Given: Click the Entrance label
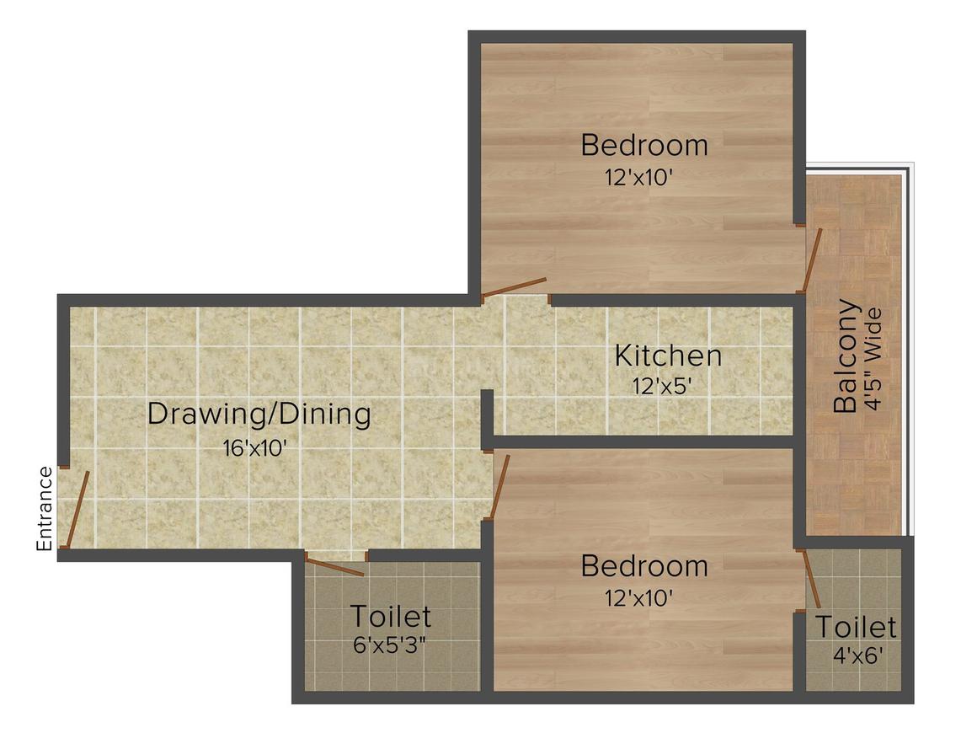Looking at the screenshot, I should click(x=45, y=509).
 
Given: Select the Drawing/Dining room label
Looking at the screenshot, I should click(x=259, y=415).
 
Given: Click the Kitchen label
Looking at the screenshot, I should click(x=668, y=356).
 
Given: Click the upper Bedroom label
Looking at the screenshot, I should click(x=644, y=145).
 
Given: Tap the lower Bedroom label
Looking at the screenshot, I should click(x=644, y=565).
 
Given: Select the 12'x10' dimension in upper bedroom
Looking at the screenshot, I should click(x=638, y=179).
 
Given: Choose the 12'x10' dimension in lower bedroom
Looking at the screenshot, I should click(x=638, y=599).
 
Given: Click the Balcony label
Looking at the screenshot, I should click(x=846, y=356).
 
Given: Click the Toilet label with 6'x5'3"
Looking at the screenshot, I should click(x=390, y=617).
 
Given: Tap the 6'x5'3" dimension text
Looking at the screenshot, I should click(x=388, y=646).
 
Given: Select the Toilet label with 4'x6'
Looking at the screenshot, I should click(x=856, y=628).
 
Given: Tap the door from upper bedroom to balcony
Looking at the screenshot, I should click(x=813, y=259).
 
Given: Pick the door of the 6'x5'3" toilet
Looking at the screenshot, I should click(x=335, y=567).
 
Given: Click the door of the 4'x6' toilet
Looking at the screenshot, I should click(x=812, y=579).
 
